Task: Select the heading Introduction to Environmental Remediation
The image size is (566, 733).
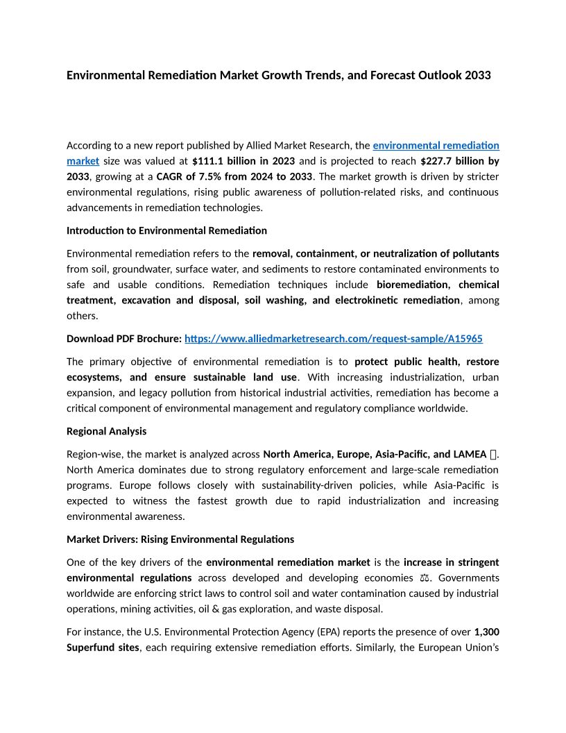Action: pyautogui.click(x=166, y=230)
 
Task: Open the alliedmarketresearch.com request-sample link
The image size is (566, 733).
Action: pyautogui.click(x=333, y=339)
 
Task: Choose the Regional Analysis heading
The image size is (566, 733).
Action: pyautogui.click(x=106, y=431)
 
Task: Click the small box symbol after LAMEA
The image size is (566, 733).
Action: pyautogui.click(x=493, y=455)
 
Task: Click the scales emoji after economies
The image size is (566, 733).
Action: pyautogui.click(x=424, y=578)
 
